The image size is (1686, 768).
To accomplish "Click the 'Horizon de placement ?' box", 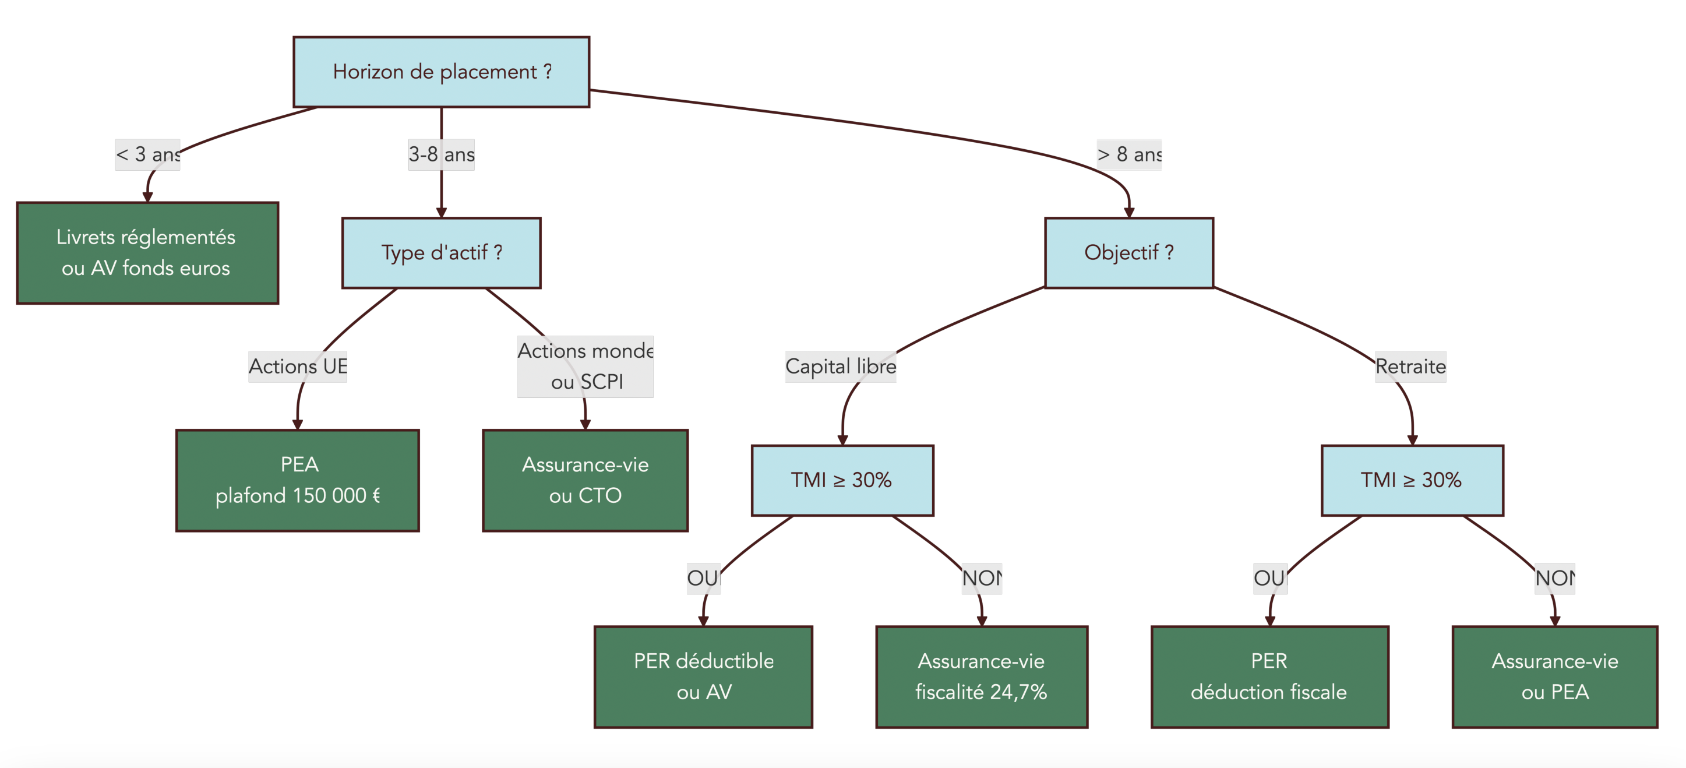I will pos(441,72).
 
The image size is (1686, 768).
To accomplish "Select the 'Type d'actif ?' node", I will pos(441,253).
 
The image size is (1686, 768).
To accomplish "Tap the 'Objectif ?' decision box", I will pos(1128,253).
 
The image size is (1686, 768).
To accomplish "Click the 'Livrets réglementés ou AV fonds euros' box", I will pos(147,253).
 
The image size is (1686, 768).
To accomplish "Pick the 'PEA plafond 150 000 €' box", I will pos(297,480).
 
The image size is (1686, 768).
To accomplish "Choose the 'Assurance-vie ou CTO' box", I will pos(584,480).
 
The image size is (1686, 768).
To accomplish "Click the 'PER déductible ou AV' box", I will pos(703,677).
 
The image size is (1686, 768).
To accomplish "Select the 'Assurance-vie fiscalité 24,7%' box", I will pos(981,677).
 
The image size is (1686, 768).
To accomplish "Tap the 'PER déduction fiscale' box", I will pos(1269,677).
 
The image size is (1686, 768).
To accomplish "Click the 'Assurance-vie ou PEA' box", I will pos(1554,677).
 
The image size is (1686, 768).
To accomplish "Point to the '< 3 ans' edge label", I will pos(147,154).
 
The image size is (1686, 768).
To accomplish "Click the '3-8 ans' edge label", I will pos(441,154).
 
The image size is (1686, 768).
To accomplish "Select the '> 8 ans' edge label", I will pos(1128,154).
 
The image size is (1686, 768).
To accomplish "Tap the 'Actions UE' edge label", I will pos(297,367).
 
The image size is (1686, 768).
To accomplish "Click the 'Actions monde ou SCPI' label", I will pos(584,367).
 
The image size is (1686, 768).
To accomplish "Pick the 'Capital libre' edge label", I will pos(841,367).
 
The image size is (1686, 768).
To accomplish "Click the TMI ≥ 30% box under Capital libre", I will pos(842,480).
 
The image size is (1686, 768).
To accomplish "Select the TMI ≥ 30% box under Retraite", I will pos(1412,480).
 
